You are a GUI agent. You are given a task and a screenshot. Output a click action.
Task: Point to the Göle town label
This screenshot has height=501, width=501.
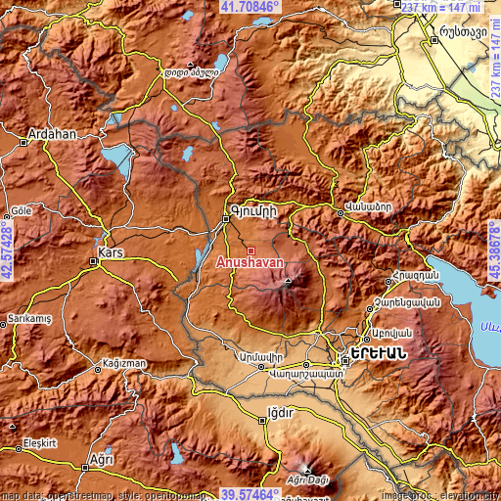click(21, 211)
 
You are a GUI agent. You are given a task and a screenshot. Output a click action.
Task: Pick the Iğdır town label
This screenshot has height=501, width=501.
click(281, 413)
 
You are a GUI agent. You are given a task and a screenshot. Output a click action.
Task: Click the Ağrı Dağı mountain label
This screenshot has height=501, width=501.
click(307, 479)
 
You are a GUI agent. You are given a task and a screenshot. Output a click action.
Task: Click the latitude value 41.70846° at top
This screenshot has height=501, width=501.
click(250, 6)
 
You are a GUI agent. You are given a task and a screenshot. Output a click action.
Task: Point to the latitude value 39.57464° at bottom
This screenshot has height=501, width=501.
click(250, 494)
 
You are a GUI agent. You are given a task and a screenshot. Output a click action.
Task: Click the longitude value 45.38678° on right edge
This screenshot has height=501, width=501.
click(494, 250)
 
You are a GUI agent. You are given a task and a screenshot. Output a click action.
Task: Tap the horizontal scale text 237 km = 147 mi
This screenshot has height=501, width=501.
click(441, 7)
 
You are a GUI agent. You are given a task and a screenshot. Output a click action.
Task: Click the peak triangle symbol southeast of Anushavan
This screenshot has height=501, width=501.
click(288, 280)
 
